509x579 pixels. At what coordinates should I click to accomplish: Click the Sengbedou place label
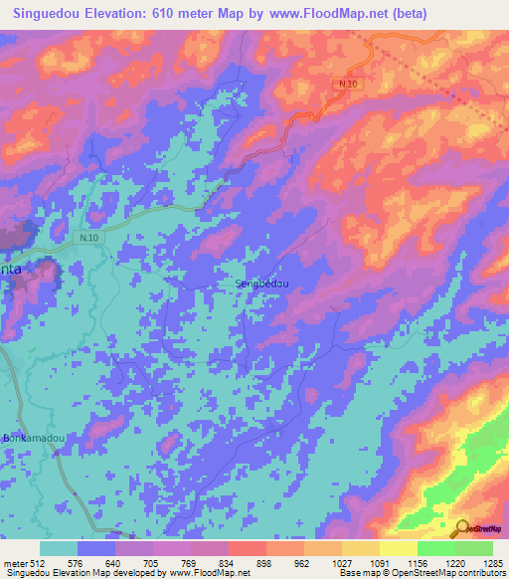(x=261, y=284)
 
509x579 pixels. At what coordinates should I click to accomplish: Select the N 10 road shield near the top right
(x=347, y=84)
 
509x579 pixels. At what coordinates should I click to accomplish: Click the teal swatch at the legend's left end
(x=59, y=548)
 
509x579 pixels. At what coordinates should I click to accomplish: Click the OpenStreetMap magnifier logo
(x=463, y=527)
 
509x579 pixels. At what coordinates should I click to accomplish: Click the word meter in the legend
(x=14, y=562)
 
